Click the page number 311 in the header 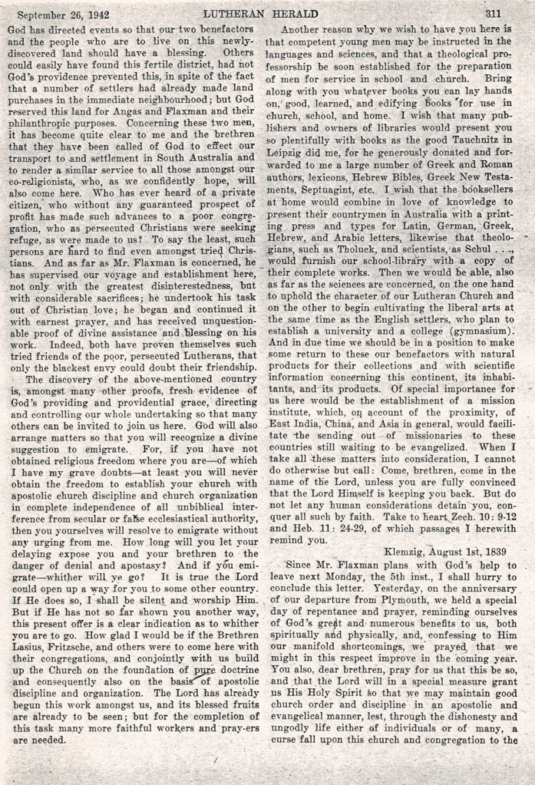493,13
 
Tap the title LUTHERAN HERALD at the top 266,13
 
